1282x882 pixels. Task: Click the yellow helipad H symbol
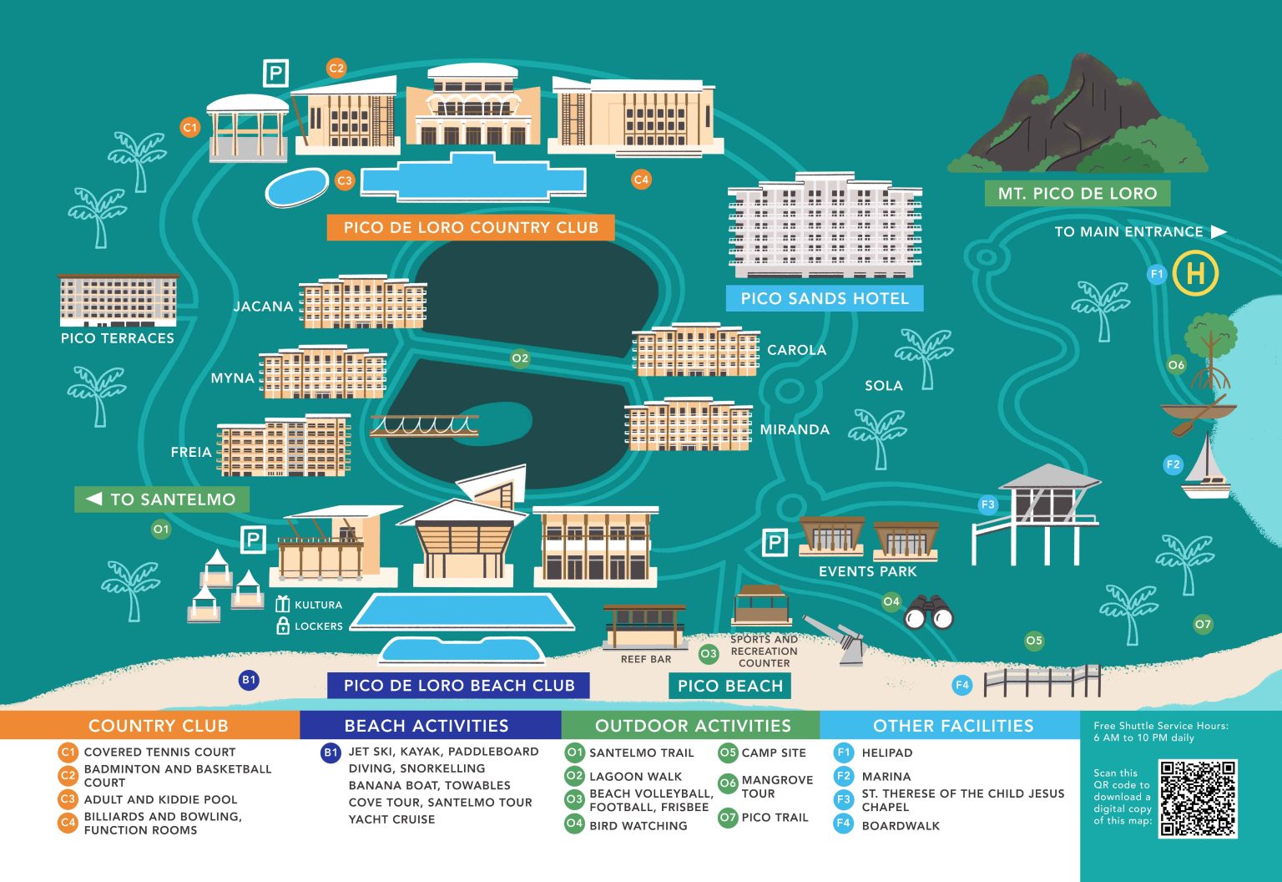click(x=1195, y=274)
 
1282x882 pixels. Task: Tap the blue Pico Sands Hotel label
click(x=825, y=298)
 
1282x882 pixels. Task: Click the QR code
click(x=1198, y=798)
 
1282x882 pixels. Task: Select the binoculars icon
click(x=928, y=613)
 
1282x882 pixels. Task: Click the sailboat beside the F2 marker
click(x=1207, y=469)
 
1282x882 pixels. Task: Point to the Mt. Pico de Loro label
click(x=1077, y=194)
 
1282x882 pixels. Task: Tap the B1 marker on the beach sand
click(x=249, y=680)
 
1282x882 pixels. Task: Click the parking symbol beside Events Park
click(x=775, y=543)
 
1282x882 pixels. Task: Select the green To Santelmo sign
click(x=162, y=499)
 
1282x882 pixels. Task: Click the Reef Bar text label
click(x=646, y=659)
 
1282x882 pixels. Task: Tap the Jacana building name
click(x=263, y=307)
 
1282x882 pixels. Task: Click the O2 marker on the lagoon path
click(x=520, y=358)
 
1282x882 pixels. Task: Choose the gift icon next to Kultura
click(x=283, y=604)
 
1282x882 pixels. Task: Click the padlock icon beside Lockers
click(x=283, y=626)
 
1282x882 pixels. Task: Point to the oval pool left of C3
click(x=297, y=187)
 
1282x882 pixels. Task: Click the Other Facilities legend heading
click(x=952, y=726)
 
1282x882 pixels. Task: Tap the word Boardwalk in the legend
click(x=901, y=826)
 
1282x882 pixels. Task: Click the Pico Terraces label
click(x=118, y=338)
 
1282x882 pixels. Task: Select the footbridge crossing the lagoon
click(x=424, y=426)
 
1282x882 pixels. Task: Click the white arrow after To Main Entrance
click(x=1219, y=231)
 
